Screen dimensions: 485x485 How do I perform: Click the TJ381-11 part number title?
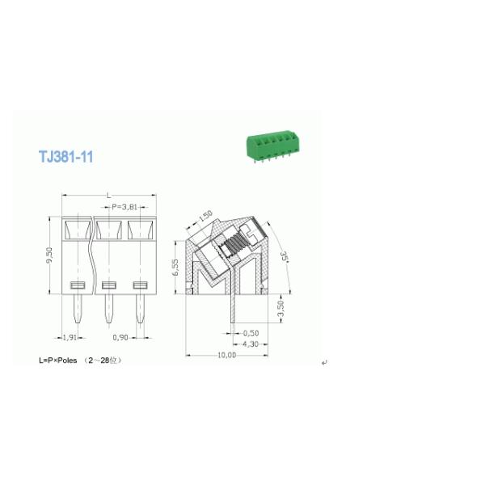[x=65, y=156]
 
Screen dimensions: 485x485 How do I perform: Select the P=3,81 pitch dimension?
[x=129, y=207]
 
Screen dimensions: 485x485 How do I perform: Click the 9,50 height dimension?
[x=50, y=255]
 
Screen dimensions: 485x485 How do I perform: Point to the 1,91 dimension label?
[x=70, y=336]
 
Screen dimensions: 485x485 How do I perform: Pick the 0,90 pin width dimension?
[x=120, y=336]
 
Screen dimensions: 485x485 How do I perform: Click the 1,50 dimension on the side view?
[x=205, y=216]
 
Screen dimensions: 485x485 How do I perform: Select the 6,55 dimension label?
[x=175, y=268]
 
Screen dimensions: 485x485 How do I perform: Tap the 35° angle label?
[x=285, y=257]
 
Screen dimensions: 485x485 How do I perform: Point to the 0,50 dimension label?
[x=251, y=333]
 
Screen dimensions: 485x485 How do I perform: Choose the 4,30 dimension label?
[x=251, y=344]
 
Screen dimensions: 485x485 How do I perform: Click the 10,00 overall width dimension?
[x=226, y=356]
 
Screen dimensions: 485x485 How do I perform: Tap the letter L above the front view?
[x=108, y=196]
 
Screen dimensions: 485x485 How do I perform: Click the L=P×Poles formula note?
[x=81, y=359]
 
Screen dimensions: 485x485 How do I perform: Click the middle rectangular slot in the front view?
[x=109, y=285]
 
